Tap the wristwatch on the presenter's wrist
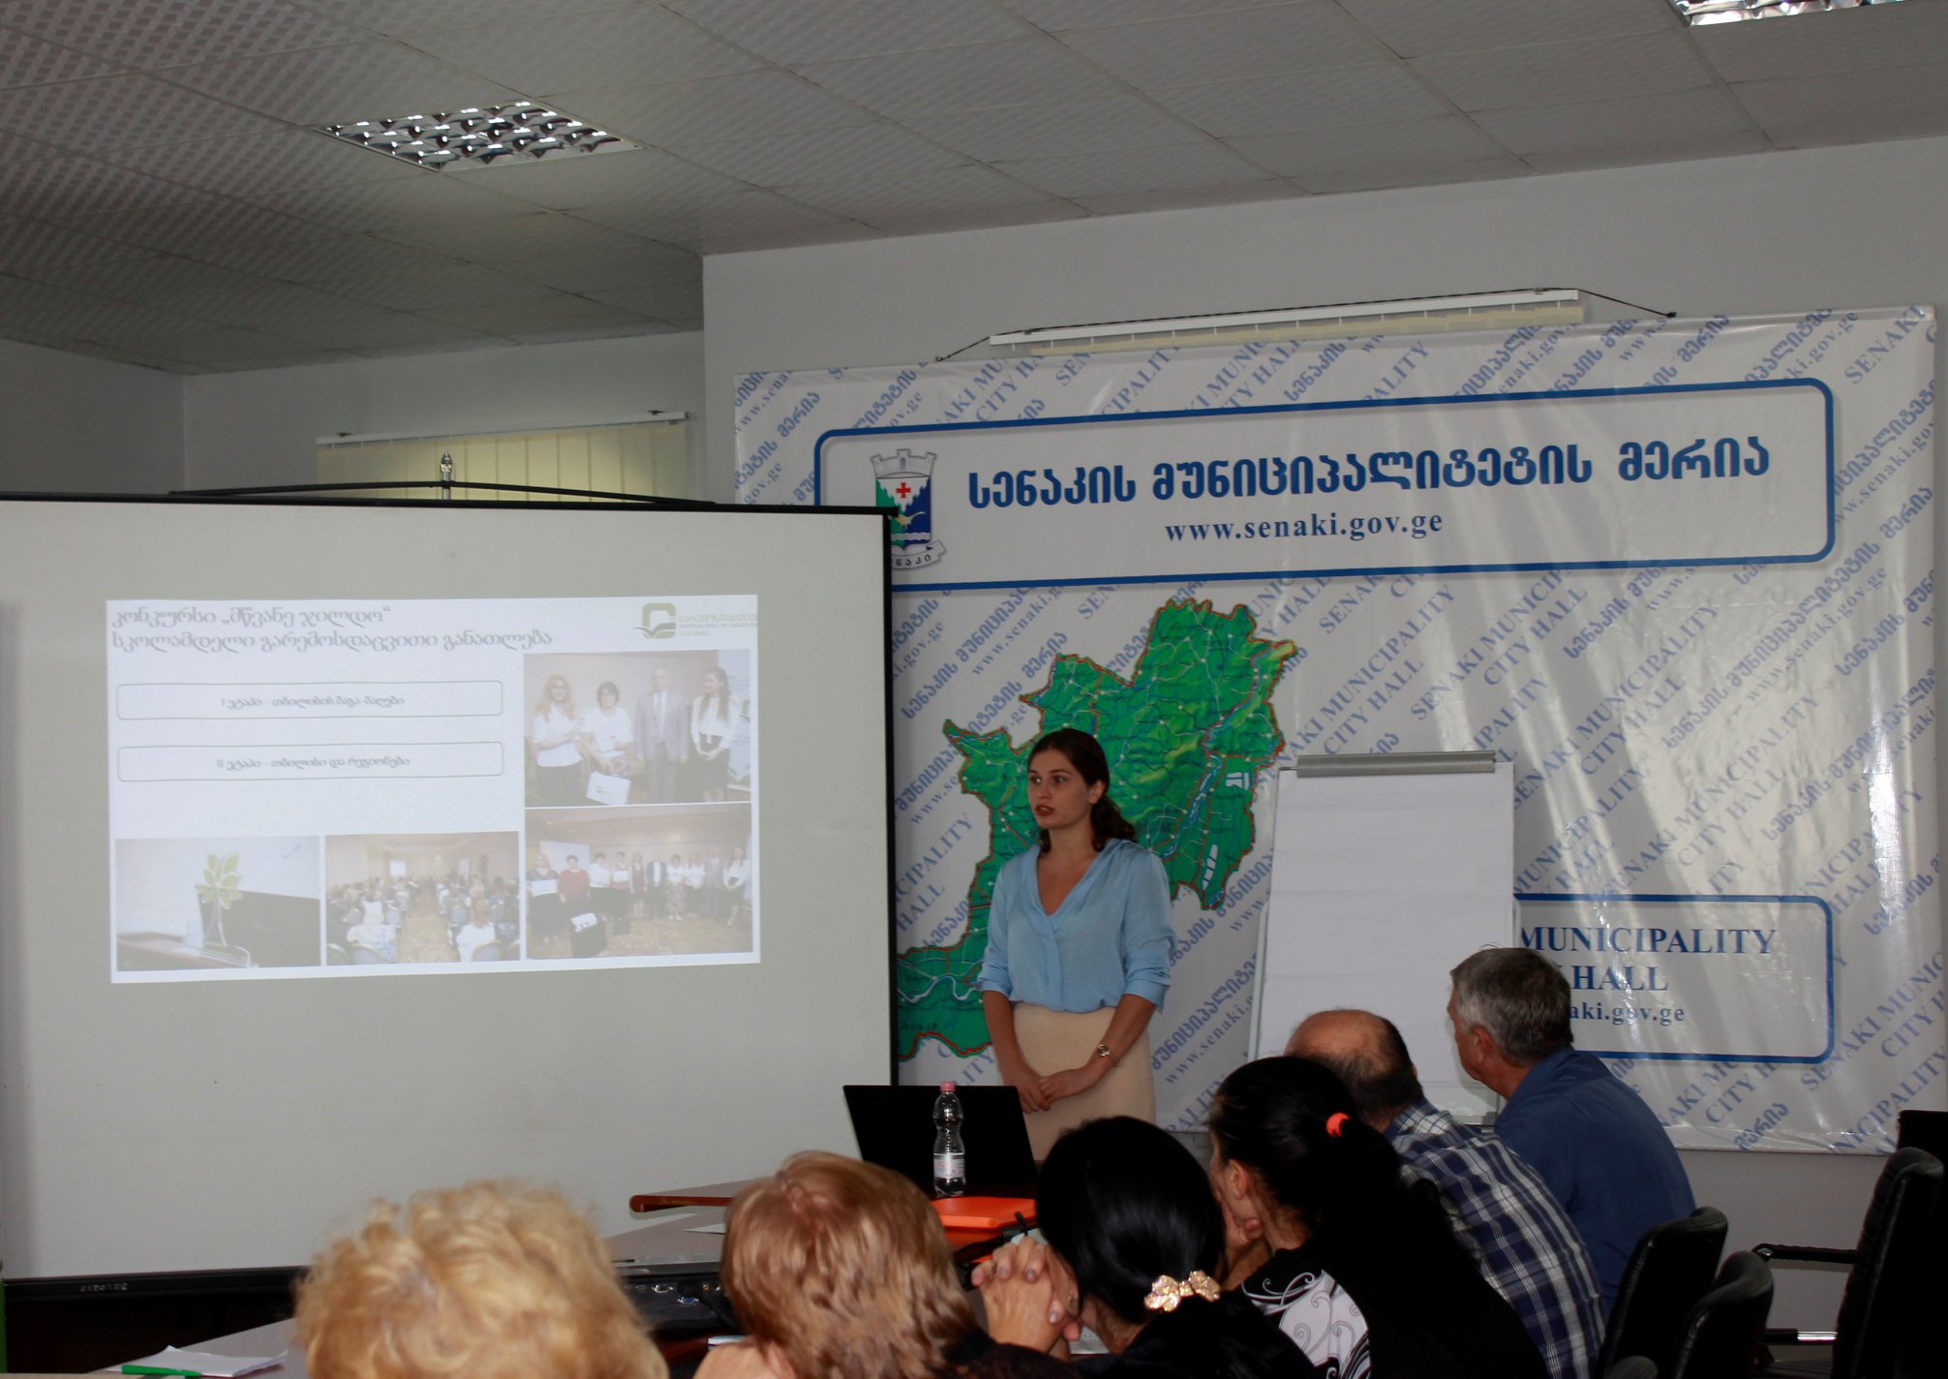pos(1104,1051)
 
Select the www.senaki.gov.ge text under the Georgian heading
pos(1303,526)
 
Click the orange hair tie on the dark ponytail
pos(1337,1124)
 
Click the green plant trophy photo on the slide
pos(218,902)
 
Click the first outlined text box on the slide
pos(310,699)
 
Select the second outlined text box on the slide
pos(310,762)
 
